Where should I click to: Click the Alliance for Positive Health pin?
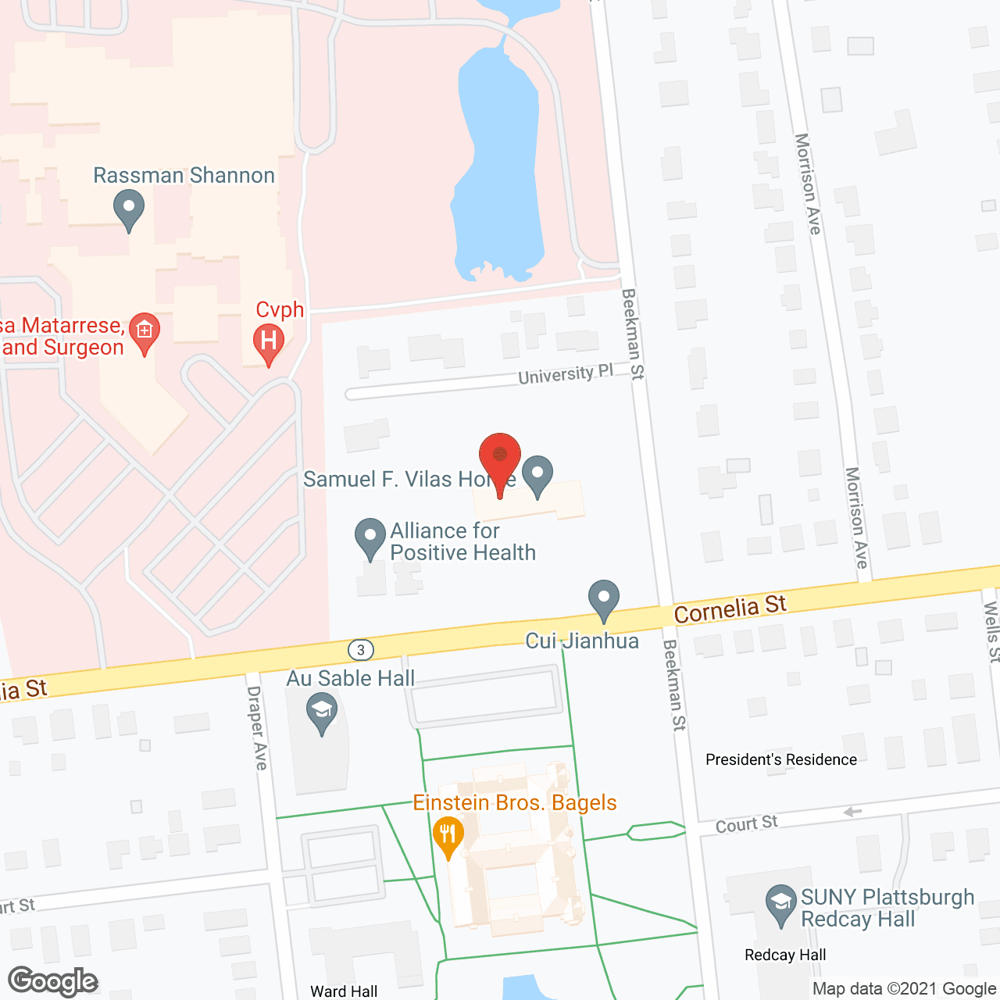pyautogui.click(x=370, y=537)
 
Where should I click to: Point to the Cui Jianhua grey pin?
pyautogui.click(x=603, y=600)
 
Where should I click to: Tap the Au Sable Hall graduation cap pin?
pyautogui.click(x=321, y=712)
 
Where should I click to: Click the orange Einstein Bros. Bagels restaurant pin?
pyautogui.click(x=448, y=837)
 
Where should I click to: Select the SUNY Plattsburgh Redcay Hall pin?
pyautogui.click(x=780, y=905)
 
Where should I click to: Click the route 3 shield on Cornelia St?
pyautogui.click(x=360, y=649)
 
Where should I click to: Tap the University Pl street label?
pyautogui.click(x=566, y=374)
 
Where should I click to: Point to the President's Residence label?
pyautogui.click(x=780, y=759)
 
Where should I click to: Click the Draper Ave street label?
pyautogui.click(x=256, y=727)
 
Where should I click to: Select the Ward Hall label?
pyautogui.click(x=344, y=991)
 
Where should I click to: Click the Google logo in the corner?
pyautogui.click(x=53, y=981)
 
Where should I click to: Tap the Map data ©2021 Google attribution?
pyautogui.click(x=904, y=988)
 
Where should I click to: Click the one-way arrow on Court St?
pyautogui.click(x=852, y=812)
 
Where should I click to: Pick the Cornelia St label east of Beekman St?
pyautogui.click(x=730, y=609)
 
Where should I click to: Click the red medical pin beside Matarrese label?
pyautogui.click(x=145, y=333)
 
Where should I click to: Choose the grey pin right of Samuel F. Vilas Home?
pyautogui.click(x=537, y=476)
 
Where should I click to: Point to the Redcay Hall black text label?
pyautogui.click(x=785, y=955)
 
